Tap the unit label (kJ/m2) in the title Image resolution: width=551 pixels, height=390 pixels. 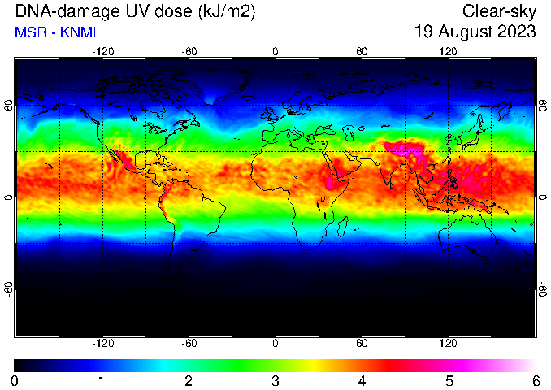(x=226, y=12)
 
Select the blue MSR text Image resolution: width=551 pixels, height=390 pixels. (x=30, y=32)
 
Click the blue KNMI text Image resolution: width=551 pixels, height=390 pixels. (x=78, y=32)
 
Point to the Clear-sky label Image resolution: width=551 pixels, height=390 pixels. (x=499, y=12)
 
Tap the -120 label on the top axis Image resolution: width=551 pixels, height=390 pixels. (x=103, y=52)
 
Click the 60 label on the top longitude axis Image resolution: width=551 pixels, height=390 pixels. (x=362, y=52)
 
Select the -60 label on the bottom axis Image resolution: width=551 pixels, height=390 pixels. (x=189, y=343)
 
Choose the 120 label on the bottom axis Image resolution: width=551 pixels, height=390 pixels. (x=448, y=343)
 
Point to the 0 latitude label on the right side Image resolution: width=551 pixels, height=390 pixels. (x=543, y=197)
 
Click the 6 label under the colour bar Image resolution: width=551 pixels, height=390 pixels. (x=536, y=380)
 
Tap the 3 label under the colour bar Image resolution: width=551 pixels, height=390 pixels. (x=275, y=380)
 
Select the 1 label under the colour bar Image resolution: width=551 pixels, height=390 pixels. (x=102, y=380)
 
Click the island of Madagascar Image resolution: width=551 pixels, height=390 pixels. (x=342, y=227)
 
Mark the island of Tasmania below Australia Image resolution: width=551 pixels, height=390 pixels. (x=486, y=262)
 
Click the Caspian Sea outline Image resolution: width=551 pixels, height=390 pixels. (x=349, y=132)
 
